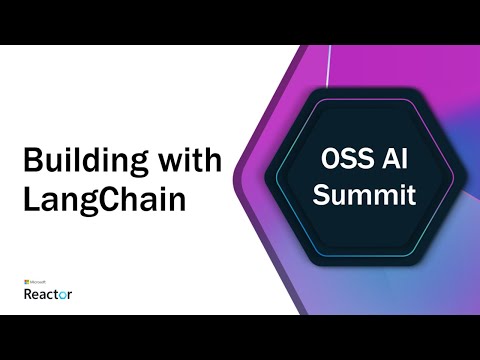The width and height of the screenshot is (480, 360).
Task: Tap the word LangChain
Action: pyautogui.click(x=104, y=197)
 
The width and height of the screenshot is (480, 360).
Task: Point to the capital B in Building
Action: pyautogui.click(x=31, y=160)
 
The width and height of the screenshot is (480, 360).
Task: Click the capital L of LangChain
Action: pyautogui.click(x=29, y=197)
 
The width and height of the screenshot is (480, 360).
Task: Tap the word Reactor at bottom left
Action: pyautogui.click(x=47, y=294)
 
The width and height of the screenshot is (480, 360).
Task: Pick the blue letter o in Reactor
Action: pyautogui.click(x=62, y=295)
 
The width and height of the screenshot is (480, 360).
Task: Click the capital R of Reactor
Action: pyautogui.click(x=27, y=294)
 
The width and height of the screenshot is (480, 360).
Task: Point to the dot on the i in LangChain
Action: pyautogui.click(x=159, y=186)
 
